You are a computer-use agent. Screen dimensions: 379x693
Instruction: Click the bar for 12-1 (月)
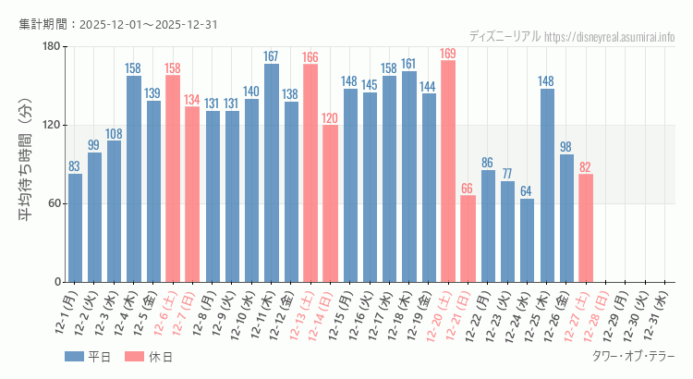click(x=75, y=227)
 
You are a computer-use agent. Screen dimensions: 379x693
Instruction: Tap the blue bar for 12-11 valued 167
click(x=272, y=173)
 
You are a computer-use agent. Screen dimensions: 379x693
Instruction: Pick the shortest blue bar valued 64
click(x=527, y=240)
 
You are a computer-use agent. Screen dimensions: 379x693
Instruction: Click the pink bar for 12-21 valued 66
click(x=468, y=238)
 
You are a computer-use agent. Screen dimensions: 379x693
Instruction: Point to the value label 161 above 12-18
click(x=408, y=64)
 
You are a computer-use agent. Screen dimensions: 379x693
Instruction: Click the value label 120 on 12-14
click(x=330, y=118)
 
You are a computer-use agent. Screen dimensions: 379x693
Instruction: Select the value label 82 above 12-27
click(x=585, y=167)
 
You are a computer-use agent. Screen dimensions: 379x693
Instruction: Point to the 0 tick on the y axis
click(x=56, y=282)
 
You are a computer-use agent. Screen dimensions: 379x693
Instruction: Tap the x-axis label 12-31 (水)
click(x=658, y=314)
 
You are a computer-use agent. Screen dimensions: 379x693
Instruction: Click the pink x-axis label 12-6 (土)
click(x=165, y=314)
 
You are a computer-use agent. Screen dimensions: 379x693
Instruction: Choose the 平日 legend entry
click(x=87, y=357)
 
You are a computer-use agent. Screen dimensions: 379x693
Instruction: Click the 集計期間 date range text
click(x=118, y=24)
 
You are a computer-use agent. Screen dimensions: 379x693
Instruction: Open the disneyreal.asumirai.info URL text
click(x=610, y=37)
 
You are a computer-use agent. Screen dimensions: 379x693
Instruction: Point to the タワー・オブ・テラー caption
click(x=633, y=356)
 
